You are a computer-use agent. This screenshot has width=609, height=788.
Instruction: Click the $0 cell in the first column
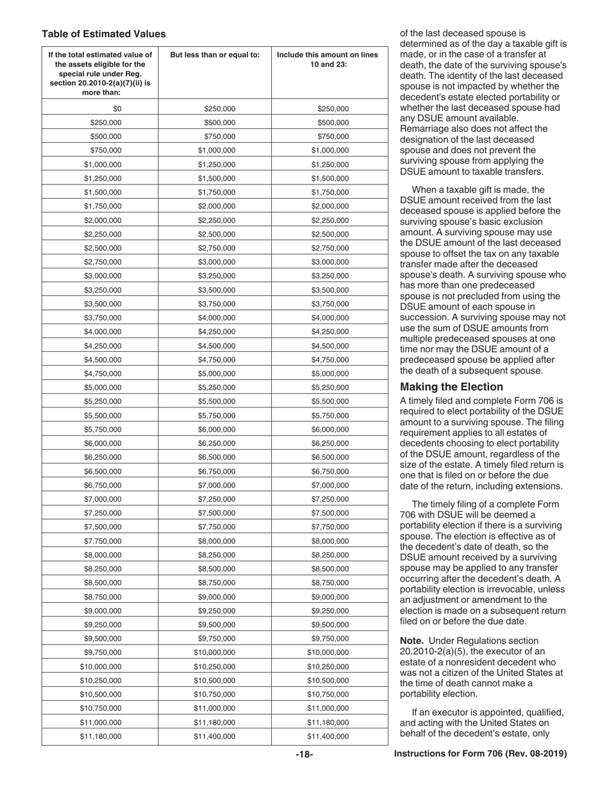[x=117, y=109]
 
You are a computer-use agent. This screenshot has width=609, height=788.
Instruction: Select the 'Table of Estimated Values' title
[x=103, y=34]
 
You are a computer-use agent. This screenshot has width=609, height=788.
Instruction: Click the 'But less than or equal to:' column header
[x=215, y=55]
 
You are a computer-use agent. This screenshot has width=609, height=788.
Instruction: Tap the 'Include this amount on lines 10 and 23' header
[x=327, y=60]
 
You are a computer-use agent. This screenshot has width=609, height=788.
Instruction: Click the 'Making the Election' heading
[x=451, y=387]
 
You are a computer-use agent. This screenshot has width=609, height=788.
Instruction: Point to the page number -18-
[x=304, y=755]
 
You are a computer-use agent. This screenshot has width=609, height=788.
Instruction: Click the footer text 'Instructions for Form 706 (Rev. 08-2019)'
[x=480, y=754]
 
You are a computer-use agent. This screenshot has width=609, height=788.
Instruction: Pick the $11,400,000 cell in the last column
[x=328, y=737]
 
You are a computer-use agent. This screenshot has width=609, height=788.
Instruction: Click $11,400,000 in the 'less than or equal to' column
[x=214, y=737]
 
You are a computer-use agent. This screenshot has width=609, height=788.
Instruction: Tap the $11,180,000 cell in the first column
[x=100, y=737]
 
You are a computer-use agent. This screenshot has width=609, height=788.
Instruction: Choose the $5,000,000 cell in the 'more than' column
[x=103, y=388]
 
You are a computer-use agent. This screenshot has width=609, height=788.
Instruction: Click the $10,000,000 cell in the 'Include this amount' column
[x=328, y=653]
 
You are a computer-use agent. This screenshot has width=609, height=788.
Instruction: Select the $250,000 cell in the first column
[x=106, y=122]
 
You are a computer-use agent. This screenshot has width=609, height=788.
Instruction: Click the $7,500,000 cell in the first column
[x=103, y=527]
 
